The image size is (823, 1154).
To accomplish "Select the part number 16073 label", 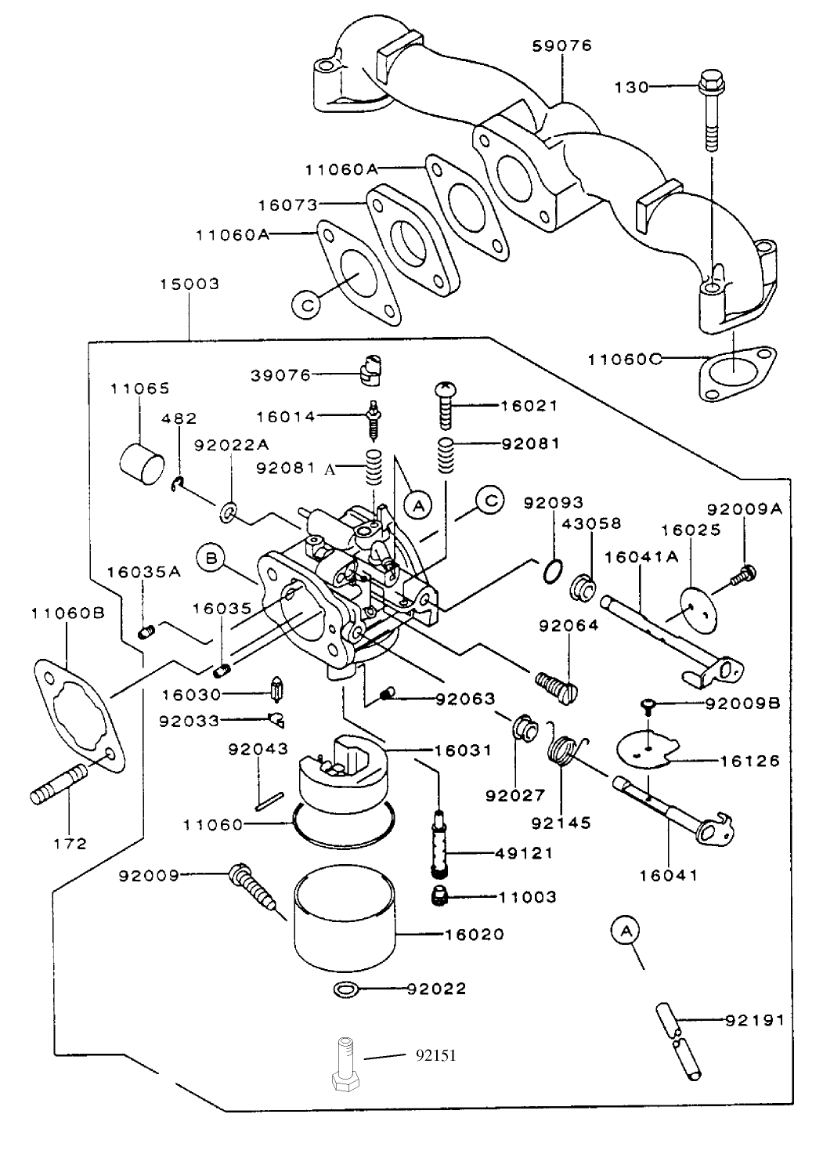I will pos(287,205).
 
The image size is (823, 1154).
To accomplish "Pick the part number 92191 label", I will pos(754,1020).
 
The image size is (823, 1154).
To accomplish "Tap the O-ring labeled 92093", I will pos(552,571).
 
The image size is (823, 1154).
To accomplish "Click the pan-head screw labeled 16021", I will pos(445,406).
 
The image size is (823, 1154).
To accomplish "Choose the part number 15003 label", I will pos(190,284).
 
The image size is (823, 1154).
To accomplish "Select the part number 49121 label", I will pos(524,853).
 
